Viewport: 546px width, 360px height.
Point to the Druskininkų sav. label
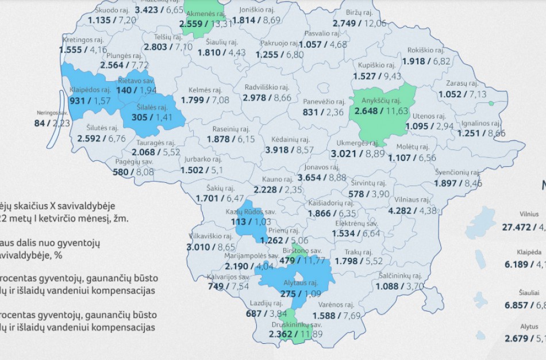pos(296,324)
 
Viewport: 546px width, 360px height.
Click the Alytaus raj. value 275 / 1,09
pos(294,293)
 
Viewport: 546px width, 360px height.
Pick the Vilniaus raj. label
pos(413,200)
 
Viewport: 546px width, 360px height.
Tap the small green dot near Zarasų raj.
pos(491,104)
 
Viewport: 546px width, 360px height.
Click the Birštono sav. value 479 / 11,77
pos(301,261)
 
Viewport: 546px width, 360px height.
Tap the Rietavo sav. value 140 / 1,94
pos(136,90)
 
